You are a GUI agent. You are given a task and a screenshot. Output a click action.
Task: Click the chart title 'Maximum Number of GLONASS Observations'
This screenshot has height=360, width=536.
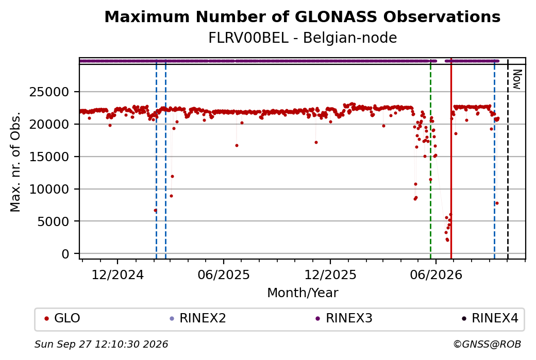click(302, 16)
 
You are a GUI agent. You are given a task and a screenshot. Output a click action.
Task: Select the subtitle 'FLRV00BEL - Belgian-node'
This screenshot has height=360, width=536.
click(303, 38)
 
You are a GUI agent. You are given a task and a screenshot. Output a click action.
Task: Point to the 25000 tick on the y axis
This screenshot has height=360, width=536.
click(49, 92)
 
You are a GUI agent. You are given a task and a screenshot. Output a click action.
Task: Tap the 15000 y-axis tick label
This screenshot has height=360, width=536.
click(49, 157)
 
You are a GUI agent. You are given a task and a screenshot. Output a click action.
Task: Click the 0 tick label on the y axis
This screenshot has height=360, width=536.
click(65, 254)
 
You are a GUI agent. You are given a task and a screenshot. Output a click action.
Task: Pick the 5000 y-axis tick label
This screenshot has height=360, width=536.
click(53, 221)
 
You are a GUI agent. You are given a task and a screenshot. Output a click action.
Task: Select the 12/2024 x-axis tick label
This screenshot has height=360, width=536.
click(118, 275)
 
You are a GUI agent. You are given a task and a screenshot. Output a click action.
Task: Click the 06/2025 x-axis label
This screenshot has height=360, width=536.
click(224, 275)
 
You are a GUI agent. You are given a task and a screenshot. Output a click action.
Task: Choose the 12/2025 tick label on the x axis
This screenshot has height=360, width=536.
click(330, 275)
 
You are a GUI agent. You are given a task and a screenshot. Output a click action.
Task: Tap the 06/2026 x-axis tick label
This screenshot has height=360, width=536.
click(436, 275)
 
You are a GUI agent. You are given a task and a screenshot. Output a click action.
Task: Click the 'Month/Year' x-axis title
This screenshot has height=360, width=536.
click(303, 293)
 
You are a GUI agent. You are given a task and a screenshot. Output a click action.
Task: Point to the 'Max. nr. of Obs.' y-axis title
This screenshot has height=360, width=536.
click(15, 162)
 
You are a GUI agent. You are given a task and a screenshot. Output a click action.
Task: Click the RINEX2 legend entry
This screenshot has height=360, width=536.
click(198, 318)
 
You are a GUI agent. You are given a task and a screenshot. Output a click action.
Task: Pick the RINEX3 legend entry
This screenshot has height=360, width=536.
click(344, 318)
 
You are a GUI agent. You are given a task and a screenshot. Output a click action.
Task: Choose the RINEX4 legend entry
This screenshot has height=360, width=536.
click(490, 318)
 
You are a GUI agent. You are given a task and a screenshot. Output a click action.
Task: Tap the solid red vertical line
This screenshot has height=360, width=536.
click(451, 159)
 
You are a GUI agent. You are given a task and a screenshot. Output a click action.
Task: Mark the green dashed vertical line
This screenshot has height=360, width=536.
click(430, 159)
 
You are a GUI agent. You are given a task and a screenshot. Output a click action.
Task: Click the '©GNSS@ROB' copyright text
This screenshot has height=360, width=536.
click(487, 344)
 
